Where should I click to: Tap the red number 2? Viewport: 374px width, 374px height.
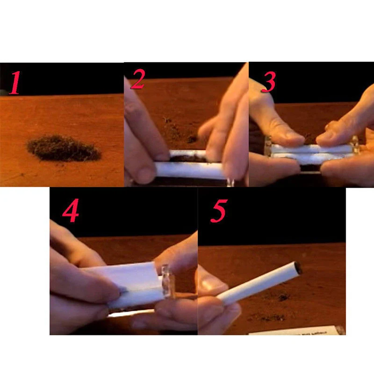point(137,80)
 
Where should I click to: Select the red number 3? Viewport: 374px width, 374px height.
point(268,82)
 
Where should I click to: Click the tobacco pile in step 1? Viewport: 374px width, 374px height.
point(64,148)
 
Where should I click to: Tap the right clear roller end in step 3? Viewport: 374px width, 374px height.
point(355,144)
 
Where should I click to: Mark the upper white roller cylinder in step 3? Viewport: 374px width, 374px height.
point(311,149)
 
